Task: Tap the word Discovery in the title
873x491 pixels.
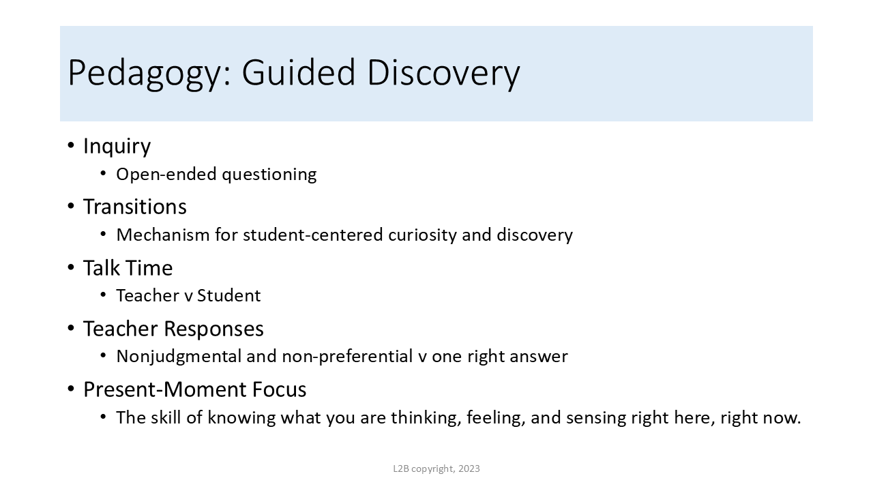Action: point(444,73)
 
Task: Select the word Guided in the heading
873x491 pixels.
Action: point(299,72)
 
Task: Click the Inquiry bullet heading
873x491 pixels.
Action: point(117,147)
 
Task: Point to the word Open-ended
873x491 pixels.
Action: point(166,174)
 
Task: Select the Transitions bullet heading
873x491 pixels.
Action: point(135,206)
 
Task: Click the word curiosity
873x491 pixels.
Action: point(422,235)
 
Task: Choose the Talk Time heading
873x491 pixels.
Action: point(128,268)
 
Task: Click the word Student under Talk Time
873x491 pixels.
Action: point(228,295)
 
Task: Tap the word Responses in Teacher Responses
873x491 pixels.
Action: point(214,329)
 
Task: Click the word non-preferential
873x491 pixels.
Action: point(347,357)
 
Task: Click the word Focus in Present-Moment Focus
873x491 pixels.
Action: point(279,389)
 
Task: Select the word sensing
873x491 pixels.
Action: point(596,419)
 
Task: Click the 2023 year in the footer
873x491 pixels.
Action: point(469,468)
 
